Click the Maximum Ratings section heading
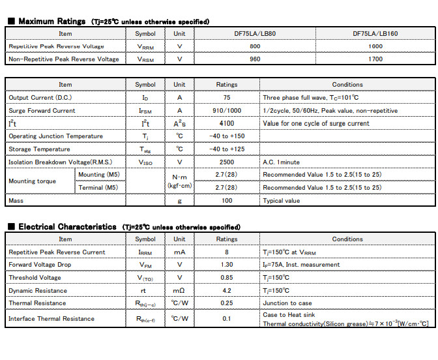pyautogui.click(x=51, y=22)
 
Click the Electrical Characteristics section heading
pyautogui.click(x=67, y=227)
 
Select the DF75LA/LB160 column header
pyautogui.click(x=375, y=33)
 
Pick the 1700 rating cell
pyautogui.click(x=375, y=59)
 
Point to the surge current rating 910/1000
pyautogui.click(x=227, y=111)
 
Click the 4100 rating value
pyautogui.click(x=227, y=123)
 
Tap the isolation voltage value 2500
pyautogui.click(x=227, y=162)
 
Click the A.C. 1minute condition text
pyautogui.click(x=282, y=162)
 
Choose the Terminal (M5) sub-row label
pyautogui.click(x=98, y=188)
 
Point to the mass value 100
pyautogui.click(x=227, y=201)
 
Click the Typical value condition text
pyautogui.click(x=282, y=201)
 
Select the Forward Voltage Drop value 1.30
pyautogui.click(x=227, y=265)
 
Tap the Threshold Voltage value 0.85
pyautogui.click(x=227, y=278)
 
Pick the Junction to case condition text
pyautogui.click(x=287, y=303)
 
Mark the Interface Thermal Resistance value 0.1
pyautogui.click(x=227, y=319)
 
